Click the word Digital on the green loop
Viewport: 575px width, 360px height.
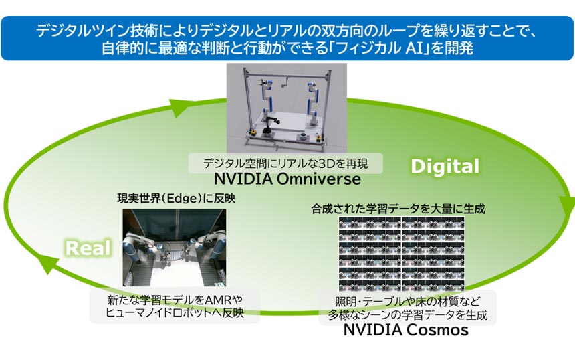[x=445, y=166]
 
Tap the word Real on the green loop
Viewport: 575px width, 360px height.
[x=87, y=248]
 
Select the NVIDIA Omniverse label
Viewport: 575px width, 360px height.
[x=287, y=179]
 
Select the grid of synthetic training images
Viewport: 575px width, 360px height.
[x=400, y=251]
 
